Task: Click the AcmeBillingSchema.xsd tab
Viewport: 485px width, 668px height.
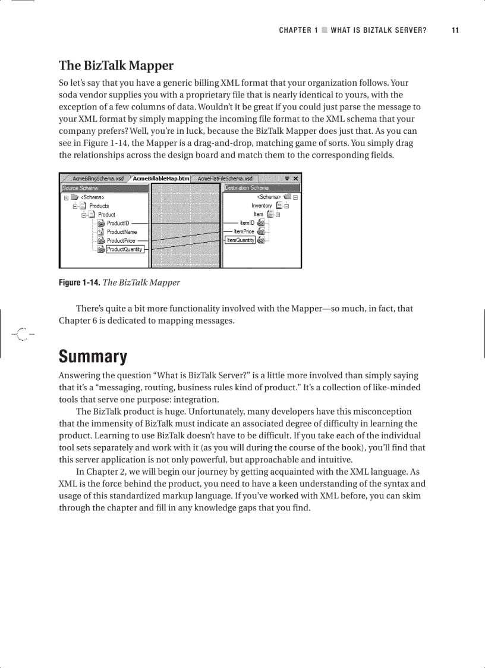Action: (x=97, y=178)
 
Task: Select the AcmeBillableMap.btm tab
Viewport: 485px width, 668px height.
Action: (x=160, y=178)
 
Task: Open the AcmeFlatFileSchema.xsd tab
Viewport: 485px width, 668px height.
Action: (x=225, y=178)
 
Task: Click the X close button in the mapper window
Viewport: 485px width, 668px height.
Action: (x=296, y=178)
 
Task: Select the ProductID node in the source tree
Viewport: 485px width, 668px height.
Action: (x=118, y=223)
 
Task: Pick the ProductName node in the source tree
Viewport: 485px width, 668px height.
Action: (x=122, y=232)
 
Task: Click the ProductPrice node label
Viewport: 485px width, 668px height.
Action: (x=121, y=241)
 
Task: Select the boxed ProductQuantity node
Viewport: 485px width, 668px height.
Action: (x=125, y=249)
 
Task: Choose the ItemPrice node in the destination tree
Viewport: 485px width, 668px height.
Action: (x=244, y=231)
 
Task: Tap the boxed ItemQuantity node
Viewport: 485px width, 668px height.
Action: (x=241, y=240)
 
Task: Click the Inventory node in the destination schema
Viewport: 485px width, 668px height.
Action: (x=262, y=206)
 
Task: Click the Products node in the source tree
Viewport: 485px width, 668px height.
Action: (x=99, y=206)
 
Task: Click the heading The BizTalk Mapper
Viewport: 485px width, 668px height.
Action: (x=116, y=65)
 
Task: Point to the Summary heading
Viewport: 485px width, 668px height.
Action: (x=93, y=357)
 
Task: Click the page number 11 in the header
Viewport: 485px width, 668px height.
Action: (x=455, y=30)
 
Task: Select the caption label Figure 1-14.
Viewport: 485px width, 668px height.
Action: (x=79, y=283)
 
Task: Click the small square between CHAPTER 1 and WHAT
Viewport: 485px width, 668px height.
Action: (x=324, y=30)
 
